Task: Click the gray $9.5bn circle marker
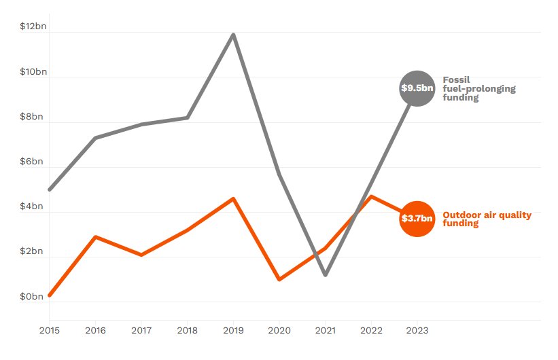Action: point(417,88)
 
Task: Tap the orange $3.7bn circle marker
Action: point(417,219)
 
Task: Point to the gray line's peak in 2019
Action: point(233,34)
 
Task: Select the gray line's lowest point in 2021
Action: point(326,275)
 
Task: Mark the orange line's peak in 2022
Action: point(372,196)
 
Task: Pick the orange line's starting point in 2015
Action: point(49,295)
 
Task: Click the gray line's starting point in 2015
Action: point(49,190)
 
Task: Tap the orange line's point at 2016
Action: point(95,236)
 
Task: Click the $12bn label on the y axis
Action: point(32,26)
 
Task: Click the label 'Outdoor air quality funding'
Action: point(487,219)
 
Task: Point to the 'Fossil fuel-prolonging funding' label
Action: point(479,88)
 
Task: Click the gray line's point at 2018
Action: point(188,118)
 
